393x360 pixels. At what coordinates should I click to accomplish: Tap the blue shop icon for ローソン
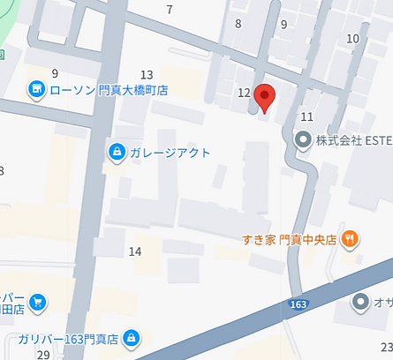35,89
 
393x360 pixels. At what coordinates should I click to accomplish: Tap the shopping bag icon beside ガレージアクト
117,153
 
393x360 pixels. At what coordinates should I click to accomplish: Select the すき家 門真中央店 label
289,238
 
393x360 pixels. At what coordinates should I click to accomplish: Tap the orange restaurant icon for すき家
351,237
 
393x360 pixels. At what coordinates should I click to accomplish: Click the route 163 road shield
300,304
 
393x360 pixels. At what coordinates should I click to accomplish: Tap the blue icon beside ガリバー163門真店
132,337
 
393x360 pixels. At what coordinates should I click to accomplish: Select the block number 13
147,74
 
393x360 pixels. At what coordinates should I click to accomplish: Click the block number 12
244,93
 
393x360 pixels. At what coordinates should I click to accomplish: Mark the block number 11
307,116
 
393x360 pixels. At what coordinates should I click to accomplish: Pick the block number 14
135,251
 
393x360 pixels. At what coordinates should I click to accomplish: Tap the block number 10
353,38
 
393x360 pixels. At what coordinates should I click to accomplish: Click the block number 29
43,354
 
